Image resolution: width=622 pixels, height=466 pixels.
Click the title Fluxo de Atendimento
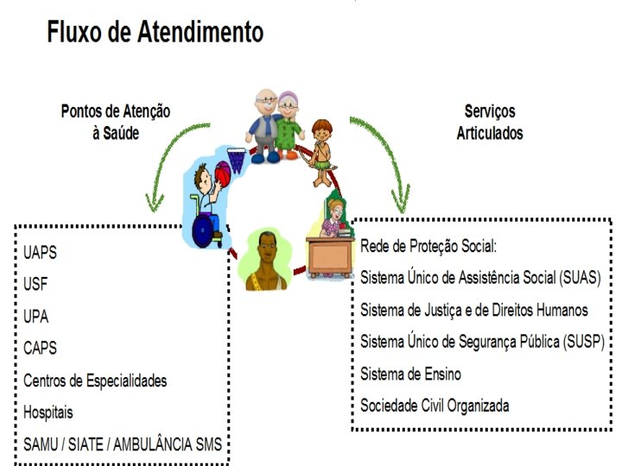pyautogui.click(x=155, y=33)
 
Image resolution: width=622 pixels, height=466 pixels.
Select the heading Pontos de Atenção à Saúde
pyautogui.click(x=116, y=122)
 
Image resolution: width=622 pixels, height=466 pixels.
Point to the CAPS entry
pyautogui.click(x=41, y=348)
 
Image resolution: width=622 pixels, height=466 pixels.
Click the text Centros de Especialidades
pyautogui.click(x=95, y=381)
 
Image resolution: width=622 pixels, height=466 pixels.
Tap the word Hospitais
pyautogui.click(x=48, y=412)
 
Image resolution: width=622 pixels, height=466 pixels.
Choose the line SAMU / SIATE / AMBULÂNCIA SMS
pyautogui.click(x=123, y=445)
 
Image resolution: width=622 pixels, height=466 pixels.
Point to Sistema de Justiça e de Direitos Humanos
pyautogui.click(x=474, y=309)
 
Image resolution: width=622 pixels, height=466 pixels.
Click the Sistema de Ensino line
pyautogui.click(x=410, y=373)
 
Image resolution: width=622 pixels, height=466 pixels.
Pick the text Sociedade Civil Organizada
pyautogui.click(x=435, y=405)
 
